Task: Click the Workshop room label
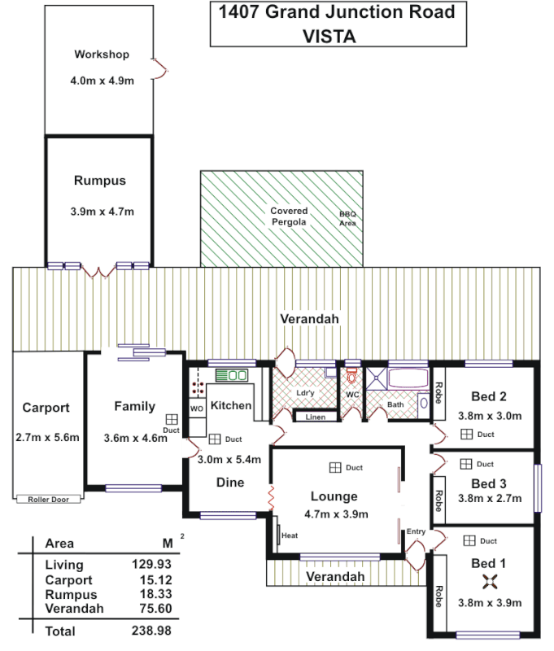pyautogui.click(x=102, y=55)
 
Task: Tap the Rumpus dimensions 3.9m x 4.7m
pyautogui.click(x=102, y=212)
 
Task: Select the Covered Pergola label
pyautogui.click(x=289, y=216)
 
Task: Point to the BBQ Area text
pyautogui.click(x=347, y=219)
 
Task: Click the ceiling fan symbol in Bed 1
pyautogui.click(x=489, y=581)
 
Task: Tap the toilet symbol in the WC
pyautogui.click(x=352, y=377)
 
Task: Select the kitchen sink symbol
pyautogui.click(x=232, y=375)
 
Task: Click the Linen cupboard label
pyautogui.click(x=315, y=417)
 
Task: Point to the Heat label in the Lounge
pyautogui.click(x=289, y=535)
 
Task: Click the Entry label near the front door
pyautogui.click(x=416, y=531)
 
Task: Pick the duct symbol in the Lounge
pyautogui.click(x=334, y=468)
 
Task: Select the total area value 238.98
pyautogui.click(x=152, y=631)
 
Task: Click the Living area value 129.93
pyautogui.click(x=152, y=565)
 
